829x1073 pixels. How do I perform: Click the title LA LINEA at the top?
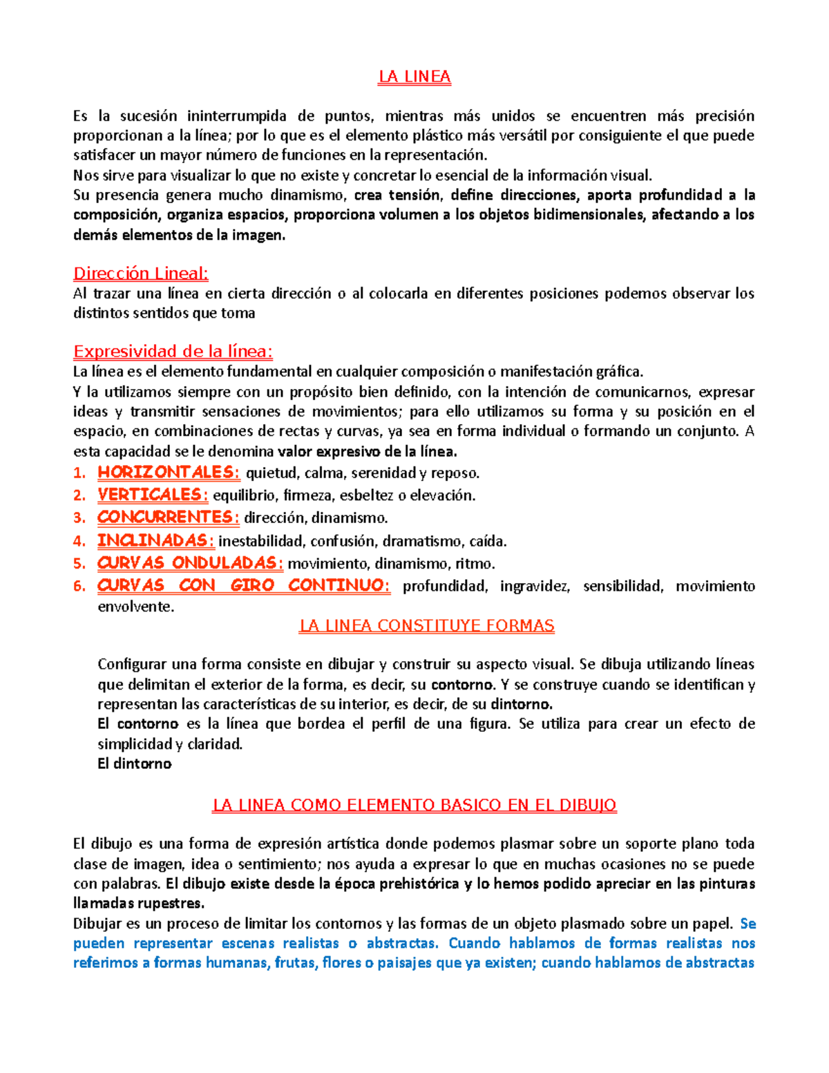(414, 77)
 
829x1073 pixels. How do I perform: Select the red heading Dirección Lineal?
(141, 274)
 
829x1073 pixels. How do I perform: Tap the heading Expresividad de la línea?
(173, 352)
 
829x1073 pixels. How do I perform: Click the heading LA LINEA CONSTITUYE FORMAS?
(426, 626)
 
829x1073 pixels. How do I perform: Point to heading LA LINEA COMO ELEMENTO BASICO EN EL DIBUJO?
(414, 805)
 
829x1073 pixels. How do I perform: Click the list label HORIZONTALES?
(169, 473)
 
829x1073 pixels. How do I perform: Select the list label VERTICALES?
(153, 495)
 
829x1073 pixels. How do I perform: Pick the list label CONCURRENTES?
(168, 517)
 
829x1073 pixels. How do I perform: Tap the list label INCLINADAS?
(155, 540)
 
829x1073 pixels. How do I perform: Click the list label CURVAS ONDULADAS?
(190, 563)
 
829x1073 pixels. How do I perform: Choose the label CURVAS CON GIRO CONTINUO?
(243, 586)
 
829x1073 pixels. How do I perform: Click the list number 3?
(79, 518)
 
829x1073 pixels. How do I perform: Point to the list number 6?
(79, 587)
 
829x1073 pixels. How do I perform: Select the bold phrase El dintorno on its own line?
(135, 764)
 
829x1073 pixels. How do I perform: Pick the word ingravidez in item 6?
(535, 587)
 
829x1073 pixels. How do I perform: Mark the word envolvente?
(135, 607)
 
